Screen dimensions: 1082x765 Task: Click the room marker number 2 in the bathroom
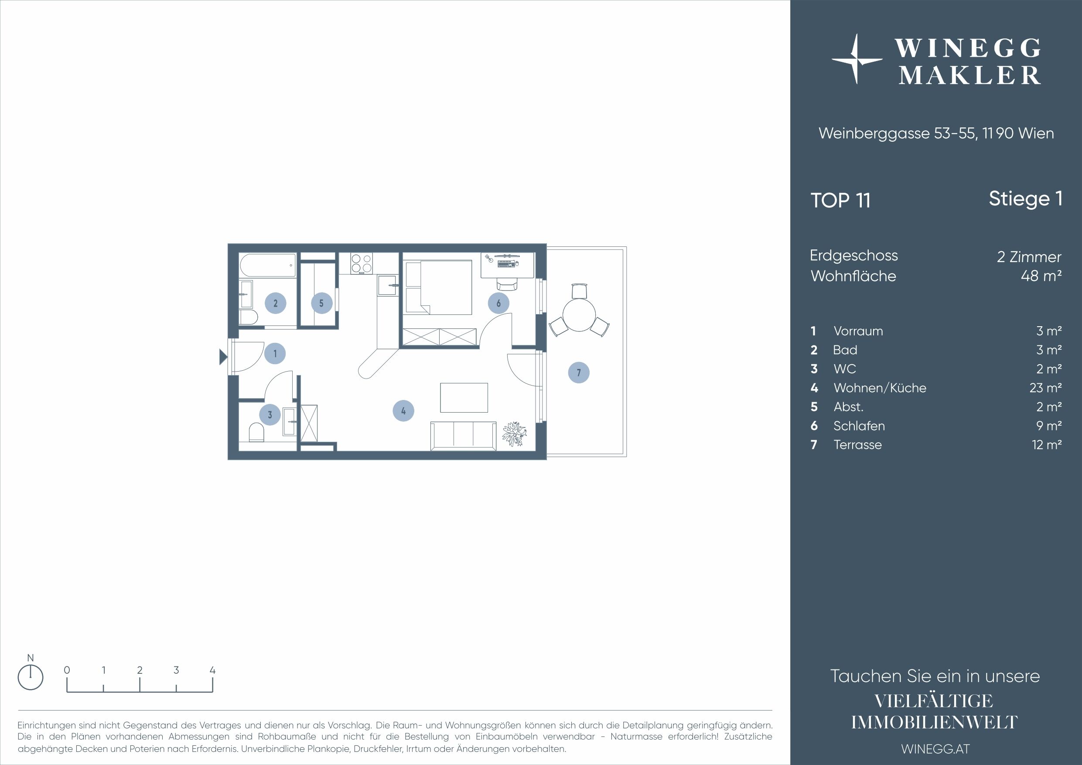tap(275, 303)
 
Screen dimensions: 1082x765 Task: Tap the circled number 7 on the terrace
tap(579, 373)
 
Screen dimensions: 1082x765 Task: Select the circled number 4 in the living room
tap(403, 411)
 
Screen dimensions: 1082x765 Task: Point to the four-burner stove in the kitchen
tap(362, 263)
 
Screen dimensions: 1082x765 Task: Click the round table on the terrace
tap(579, 315)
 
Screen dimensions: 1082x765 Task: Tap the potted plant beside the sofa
tap(514, 434)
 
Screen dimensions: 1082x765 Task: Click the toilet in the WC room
tap(256, 432)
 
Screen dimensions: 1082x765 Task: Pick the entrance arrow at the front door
tap(223, 357)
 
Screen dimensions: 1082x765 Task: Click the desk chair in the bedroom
tap(507, 283)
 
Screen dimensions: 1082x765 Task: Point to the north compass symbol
tap(30, 678)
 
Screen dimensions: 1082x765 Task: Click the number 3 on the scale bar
tap(176, 670)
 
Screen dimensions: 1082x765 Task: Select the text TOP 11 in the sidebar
tap(840, 200)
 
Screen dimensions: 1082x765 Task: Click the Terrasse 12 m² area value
tap(1047, 444)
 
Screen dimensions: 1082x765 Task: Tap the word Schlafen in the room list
tap(859, 426)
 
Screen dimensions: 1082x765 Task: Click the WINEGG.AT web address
tap(935, 749)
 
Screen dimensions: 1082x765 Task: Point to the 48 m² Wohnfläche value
tap(1041, 276)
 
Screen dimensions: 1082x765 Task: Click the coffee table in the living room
tap(464, 397)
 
